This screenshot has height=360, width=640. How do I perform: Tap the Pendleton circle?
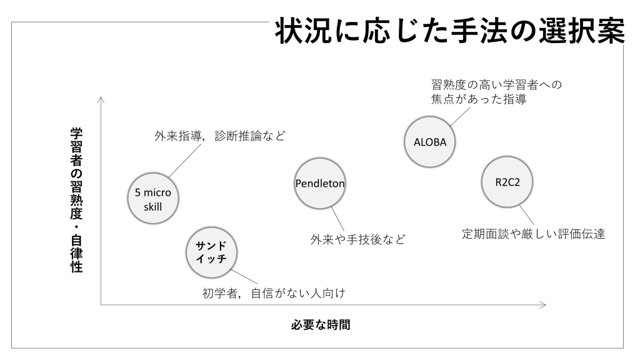point(320,183)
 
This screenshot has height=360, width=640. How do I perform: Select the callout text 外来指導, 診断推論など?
point(219,136)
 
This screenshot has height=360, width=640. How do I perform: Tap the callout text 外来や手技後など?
point(357,239)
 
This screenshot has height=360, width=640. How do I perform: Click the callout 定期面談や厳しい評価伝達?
point(533,235)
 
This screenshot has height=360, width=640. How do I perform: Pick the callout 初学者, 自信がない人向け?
point(274,292)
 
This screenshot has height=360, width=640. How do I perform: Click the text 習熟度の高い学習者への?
point(497,84)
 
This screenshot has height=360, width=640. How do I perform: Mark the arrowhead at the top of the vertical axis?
point(101,99)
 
